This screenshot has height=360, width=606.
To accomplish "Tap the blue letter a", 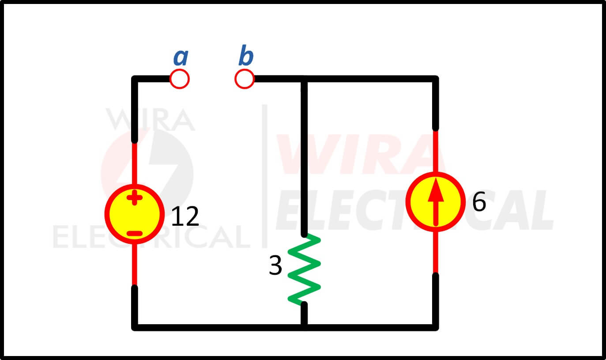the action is tap(181, 57).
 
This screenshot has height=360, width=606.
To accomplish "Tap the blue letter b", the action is tap(246, 55).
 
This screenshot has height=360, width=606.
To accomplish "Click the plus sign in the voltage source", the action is tap(135, 197).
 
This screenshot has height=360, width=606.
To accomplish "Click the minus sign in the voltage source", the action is tap(135, 233).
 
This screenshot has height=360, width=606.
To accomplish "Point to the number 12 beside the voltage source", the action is tap(185, 216).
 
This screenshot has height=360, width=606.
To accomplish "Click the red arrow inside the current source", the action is tap(436, 202).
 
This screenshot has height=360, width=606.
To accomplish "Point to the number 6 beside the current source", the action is tap(479, 202).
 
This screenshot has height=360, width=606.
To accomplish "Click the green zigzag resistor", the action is tap(304, 269).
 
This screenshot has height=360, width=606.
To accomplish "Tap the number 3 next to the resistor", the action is tap(275, 265).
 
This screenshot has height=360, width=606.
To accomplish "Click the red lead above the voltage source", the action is tap(135, 163).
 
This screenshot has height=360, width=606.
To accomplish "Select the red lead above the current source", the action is tap(435, 151).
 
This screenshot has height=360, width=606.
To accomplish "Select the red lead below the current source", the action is tap(435, 252).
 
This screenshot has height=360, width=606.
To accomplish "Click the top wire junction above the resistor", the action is tap(304, 79).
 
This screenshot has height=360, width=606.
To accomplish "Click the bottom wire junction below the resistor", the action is tap(304, 327).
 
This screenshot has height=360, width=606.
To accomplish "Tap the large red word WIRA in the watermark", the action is tap(360, 154).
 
